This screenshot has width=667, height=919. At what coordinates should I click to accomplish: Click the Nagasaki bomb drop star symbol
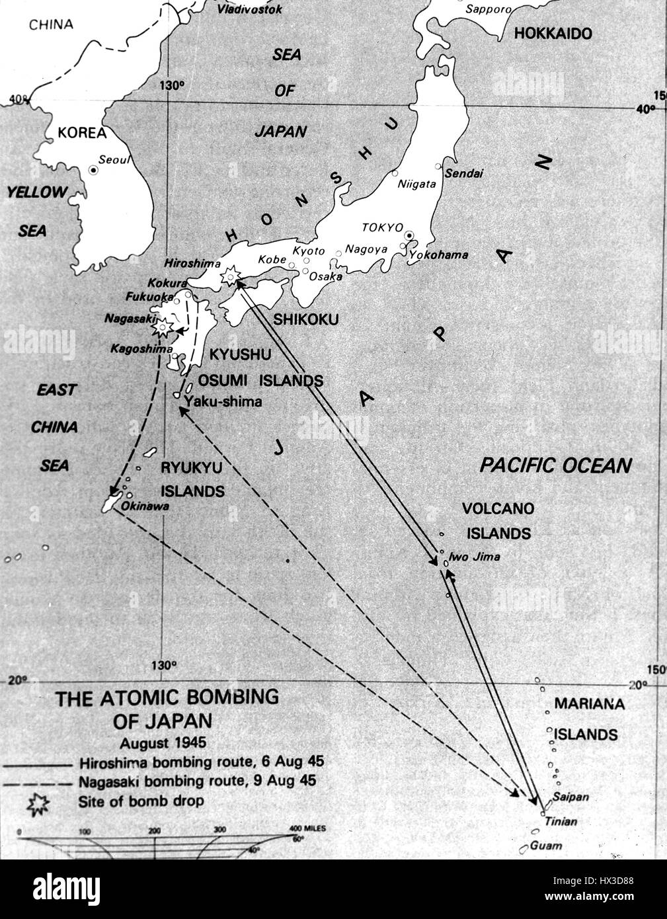(x=161, y=326)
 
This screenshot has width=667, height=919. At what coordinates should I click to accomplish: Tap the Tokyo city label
(x=381, y=227)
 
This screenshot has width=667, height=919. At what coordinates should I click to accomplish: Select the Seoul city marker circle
(x=93, y=170)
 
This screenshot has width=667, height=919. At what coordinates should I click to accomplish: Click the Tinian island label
(x=561, y=822)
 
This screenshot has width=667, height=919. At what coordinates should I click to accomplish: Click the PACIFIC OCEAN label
(x=555, y=465)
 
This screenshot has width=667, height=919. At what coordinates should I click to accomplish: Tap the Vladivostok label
(x=250, y=9)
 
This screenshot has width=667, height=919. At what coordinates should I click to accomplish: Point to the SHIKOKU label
(x=305, y=319)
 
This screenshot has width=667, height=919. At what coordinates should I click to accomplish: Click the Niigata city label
(x=416, y=185)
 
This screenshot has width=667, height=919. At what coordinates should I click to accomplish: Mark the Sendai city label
(x=463, y=174)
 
